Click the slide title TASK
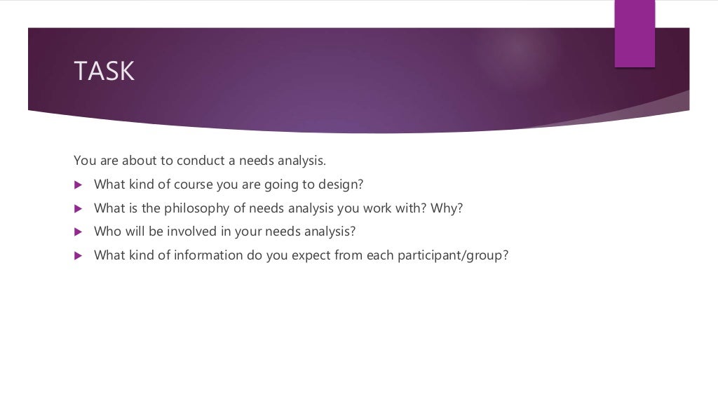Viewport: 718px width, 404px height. [104, 72]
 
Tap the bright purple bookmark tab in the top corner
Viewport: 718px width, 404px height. [635, 34]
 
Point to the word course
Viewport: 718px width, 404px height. [192, 184]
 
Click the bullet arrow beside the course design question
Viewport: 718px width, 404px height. [78, 185]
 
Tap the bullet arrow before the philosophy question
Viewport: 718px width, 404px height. [78, 209]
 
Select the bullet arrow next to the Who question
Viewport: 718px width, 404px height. [78, 232]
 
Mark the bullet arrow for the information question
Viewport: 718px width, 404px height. [78, 256]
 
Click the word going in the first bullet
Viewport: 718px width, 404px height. [282, 184]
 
